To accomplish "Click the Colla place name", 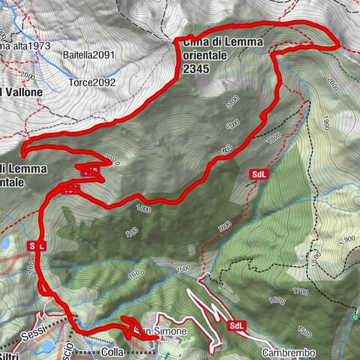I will [111, 351].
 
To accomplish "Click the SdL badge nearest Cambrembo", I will [237, 325].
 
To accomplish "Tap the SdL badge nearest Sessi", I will [37, 245].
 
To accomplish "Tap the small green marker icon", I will [355, 315].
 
